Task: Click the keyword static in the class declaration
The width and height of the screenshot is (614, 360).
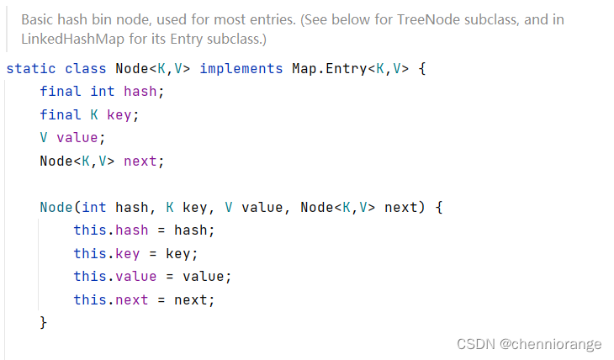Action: coord(27,67)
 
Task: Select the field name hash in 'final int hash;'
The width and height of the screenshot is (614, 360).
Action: coord(140,91)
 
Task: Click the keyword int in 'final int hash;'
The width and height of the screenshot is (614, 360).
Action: coord(103,91)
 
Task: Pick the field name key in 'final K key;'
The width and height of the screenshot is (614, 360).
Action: coord(119,114)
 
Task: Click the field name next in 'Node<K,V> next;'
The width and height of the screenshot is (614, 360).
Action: coord(140,161)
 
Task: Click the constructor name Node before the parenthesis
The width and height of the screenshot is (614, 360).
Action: coord(56,207)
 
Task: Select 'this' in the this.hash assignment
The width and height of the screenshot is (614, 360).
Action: coord(89,230)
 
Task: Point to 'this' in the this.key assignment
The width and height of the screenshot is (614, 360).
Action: coord(89,253)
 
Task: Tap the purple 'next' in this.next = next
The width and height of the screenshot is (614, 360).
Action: coord(132,299)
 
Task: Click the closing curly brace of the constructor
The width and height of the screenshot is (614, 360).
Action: coord(44,323)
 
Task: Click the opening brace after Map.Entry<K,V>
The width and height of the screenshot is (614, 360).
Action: coord(422,67)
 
